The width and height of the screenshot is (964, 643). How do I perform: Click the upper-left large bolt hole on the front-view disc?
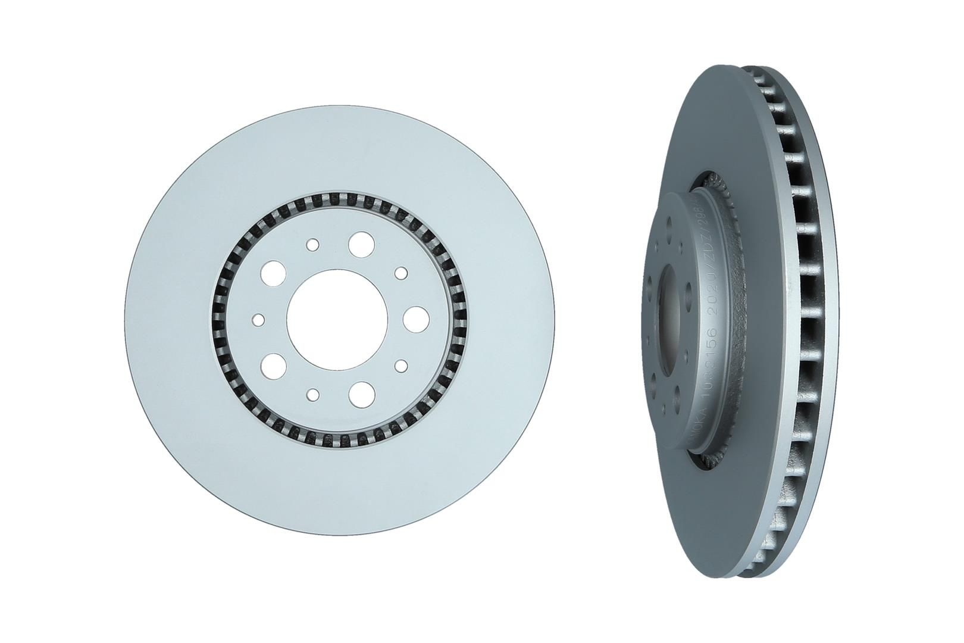(273, 272)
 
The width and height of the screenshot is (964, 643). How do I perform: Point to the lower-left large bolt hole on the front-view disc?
(273, 363)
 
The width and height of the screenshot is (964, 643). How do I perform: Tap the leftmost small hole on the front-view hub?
(258, 320)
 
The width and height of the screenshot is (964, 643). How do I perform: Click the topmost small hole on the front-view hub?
(313, 245)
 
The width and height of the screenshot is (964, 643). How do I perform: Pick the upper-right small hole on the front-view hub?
(401, 273)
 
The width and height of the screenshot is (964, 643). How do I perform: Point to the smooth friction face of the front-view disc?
(179, 316)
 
